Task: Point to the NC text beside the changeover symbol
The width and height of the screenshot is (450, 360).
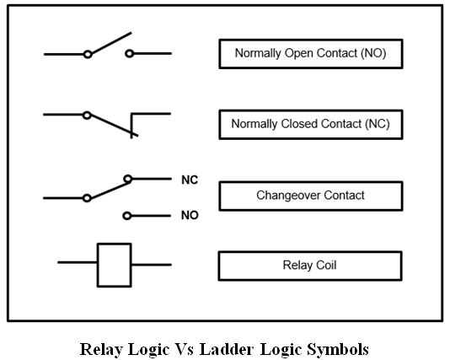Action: click(190, 180)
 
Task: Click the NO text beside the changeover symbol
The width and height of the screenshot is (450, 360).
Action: click(190, 215)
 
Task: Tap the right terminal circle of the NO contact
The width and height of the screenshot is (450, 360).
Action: click(130, 53)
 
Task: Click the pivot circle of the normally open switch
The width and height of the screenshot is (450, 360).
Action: click(88, 54)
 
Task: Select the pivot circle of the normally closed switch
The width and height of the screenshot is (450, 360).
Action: click(87, 116)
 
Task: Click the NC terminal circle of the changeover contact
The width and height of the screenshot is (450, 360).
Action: click(128, 179)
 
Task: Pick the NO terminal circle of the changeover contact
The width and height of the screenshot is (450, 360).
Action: click(127, 216)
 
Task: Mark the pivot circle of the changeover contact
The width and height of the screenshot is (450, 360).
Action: click(87, 198)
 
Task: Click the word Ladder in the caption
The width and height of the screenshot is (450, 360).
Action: click(227, 349)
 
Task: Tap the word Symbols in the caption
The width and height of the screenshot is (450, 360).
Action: click(338, 350)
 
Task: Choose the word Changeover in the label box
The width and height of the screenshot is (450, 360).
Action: click(289, 196)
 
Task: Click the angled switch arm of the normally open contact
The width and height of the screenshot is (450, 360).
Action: click(111, 42)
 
